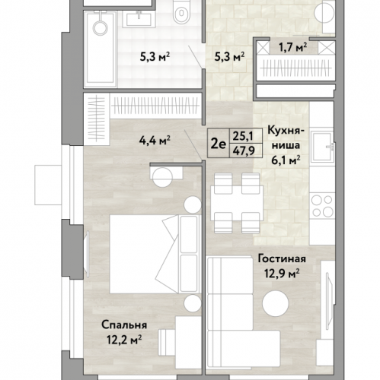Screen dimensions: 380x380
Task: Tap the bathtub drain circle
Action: pyautogui.click(x=101, y=27)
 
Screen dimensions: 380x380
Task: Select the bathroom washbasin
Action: pyautogui.click(x=139, y=18)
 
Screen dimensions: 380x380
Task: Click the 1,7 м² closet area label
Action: pyautogui.click(x=293, y=47)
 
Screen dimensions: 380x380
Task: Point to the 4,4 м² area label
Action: pyautogui.click(x=155, y=140)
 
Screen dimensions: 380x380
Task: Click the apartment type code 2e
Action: pyautogui.click(x=218, y=144)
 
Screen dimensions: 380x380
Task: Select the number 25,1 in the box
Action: pyautogui.click(x=243, y=136)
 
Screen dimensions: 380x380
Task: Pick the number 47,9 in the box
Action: pyautogui.click(x=244, y=151)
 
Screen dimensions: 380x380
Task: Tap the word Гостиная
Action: pyautogui.click(x=282, y=259)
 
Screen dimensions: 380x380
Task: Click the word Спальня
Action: pyautogui.click(x=124, y=325)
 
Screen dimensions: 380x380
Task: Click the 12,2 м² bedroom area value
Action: pyautogui.click(x=124, y=340)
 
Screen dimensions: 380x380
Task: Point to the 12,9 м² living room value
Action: pyautogui.click(x=282, y=274)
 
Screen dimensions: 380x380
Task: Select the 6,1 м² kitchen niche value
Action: pyautogui.click(x=286, y=160)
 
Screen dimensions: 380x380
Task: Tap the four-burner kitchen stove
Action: pyautogui.click(x=322, y=206)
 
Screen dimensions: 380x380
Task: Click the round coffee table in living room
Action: pyautogui.click(x=276, y=303)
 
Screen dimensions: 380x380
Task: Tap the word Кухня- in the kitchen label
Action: pyautogui.click(x=286, y=131)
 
